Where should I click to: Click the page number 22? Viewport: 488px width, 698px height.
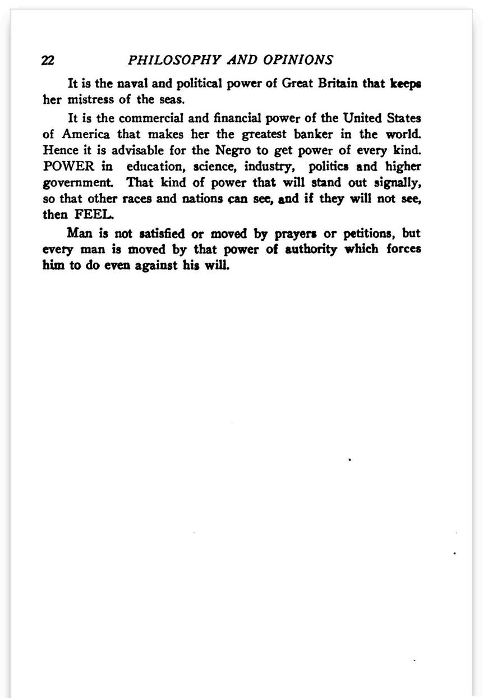pyautogui.click(x=48, y=61)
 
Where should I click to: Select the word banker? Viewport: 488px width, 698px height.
pyautogui.click(x=317, y=135)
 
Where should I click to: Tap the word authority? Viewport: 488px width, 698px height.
pyautogui.click(x=311, y=249)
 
